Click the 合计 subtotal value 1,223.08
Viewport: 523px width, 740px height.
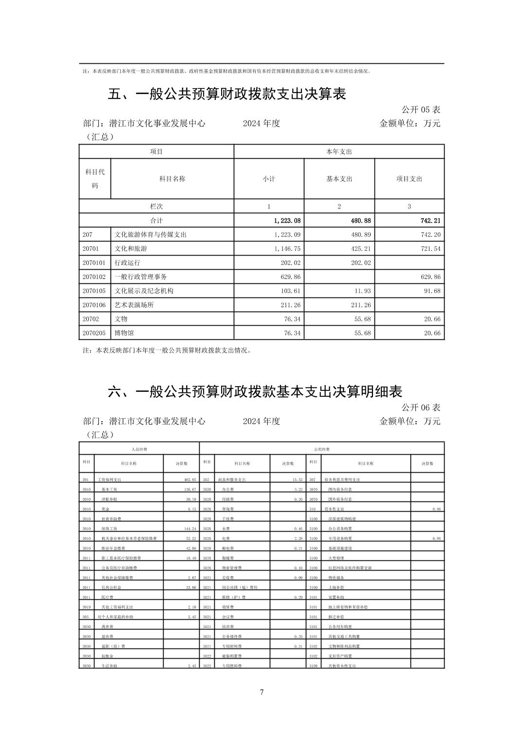[x=287, y=221]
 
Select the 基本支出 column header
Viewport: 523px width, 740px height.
[x=339, y=179]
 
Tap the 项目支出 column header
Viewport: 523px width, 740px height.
[x=409, y=179]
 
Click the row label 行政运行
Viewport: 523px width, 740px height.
[x=128, y=263]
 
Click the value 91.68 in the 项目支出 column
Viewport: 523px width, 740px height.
[x=430, y=291]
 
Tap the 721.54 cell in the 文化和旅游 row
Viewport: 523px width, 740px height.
[x=430, y=249]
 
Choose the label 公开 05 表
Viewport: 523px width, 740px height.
[x=421, y=110]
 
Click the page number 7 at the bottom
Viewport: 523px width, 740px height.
[x=261, y=692]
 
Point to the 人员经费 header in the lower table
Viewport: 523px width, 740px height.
[x=139, y=449]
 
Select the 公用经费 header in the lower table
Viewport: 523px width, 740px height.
[x=322, y=449]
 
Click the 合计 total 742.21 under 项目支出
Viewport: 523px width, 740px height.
[x=430, y=221]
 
